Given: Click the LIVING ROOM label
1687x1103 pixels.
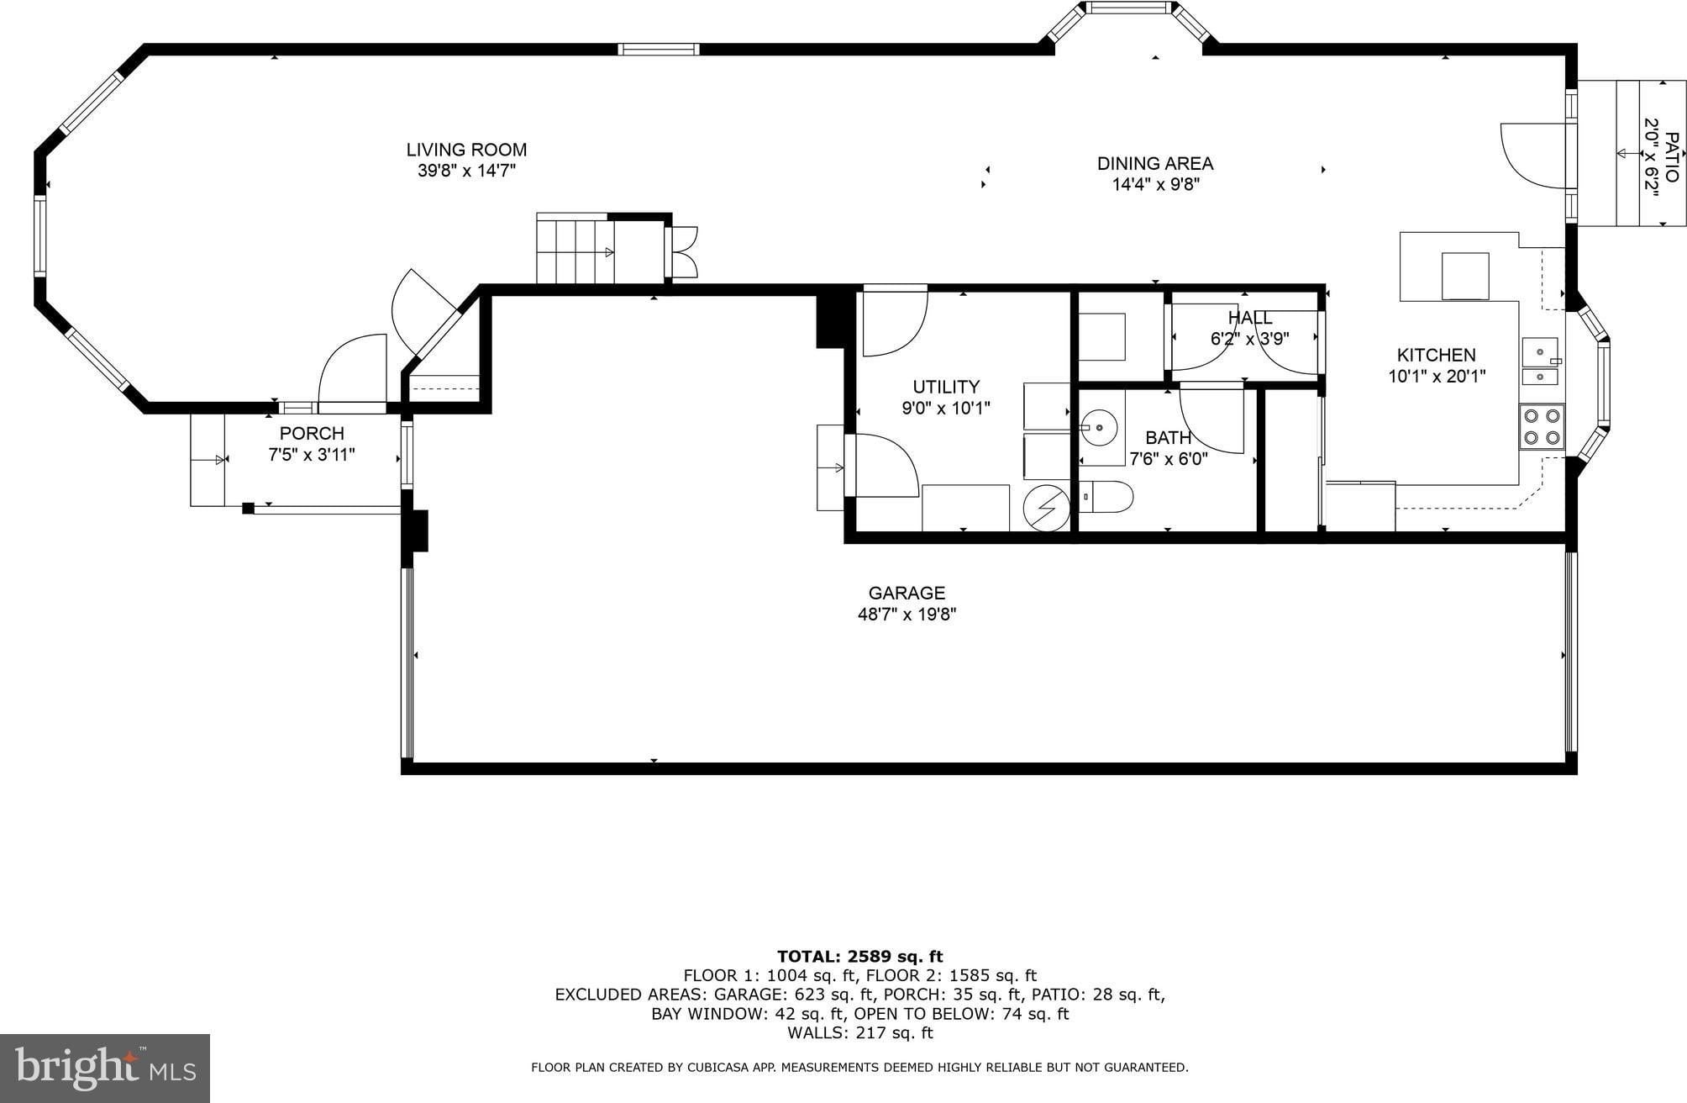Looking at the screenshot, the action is point(466,150).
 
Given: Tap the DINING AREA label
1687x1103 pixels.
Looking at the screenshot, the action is point(1155,163).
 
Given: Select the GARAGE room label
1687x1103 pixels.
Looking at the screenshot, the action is point(907,593).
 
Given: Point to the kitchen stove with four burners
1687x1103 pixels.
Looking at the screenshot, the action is point(1542,426).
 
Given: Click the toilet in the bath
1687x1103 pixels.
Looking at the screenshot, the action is point(1106,497).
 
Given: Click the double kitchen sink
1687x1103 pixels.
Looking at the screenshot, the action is point(1541,362).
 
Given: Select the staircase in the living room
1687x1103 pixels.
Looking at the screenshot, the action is point(575,249).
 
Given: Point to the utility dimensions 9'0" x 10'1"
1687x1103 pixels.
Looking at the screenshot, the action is point(946,409).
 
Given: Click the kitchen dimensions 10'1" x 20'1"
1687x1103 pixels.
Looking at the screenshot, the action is point(1437,377).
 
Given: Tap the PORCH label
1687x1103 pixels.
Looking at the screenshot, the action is point(312,433).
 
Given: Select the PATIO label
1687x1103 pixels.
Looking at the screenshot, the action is point(1672,157).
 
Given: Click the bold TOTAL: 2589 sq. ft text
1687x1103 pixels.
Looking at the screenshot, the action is point(859,956).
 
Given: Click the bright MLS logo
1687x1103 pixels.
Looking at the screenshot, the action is point(105,1068).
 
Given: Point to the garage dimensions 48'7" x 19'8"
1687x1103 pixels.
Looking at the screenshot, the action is point(907,615).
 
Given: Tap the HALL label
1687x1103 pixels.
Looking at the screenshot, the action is point(1250,318).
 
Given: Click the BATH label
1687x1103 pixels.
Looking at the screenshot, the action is point(1168,437).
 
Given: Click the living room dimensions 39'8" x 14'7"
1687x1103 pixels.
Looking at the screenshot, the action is point(466,171).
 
